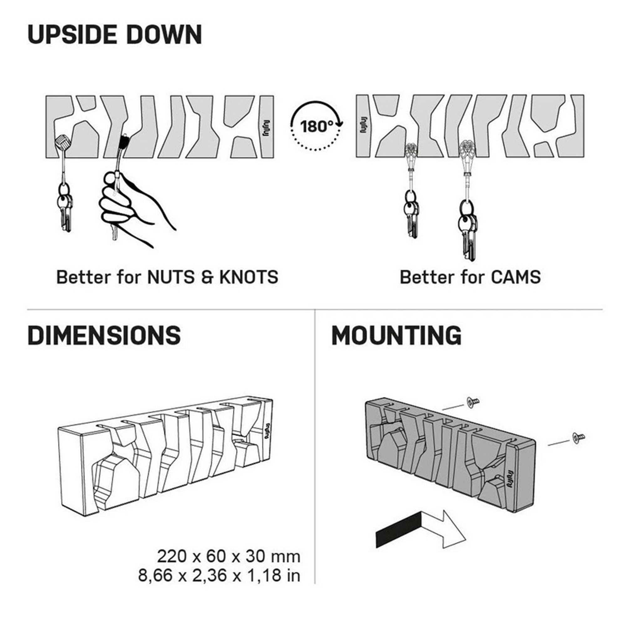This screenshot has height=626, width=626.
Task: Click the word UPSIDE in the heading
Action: coord(72,34)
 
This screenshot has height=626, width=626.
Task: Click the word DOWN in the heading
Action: coord(164,34)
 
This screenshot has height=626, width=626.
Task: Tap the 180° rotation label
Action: coord(316,126)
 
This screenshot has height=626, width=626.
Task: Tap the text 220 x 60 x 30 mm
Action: coord(229,556)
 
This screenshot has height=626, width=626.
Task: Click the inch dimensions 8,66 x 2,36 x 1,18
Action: coord(211,576)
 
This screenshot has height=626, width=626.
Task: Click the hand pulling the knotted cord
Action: coord(130,208)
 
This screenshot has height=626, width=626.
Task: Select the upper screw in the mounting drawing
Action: coord(473,402)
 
